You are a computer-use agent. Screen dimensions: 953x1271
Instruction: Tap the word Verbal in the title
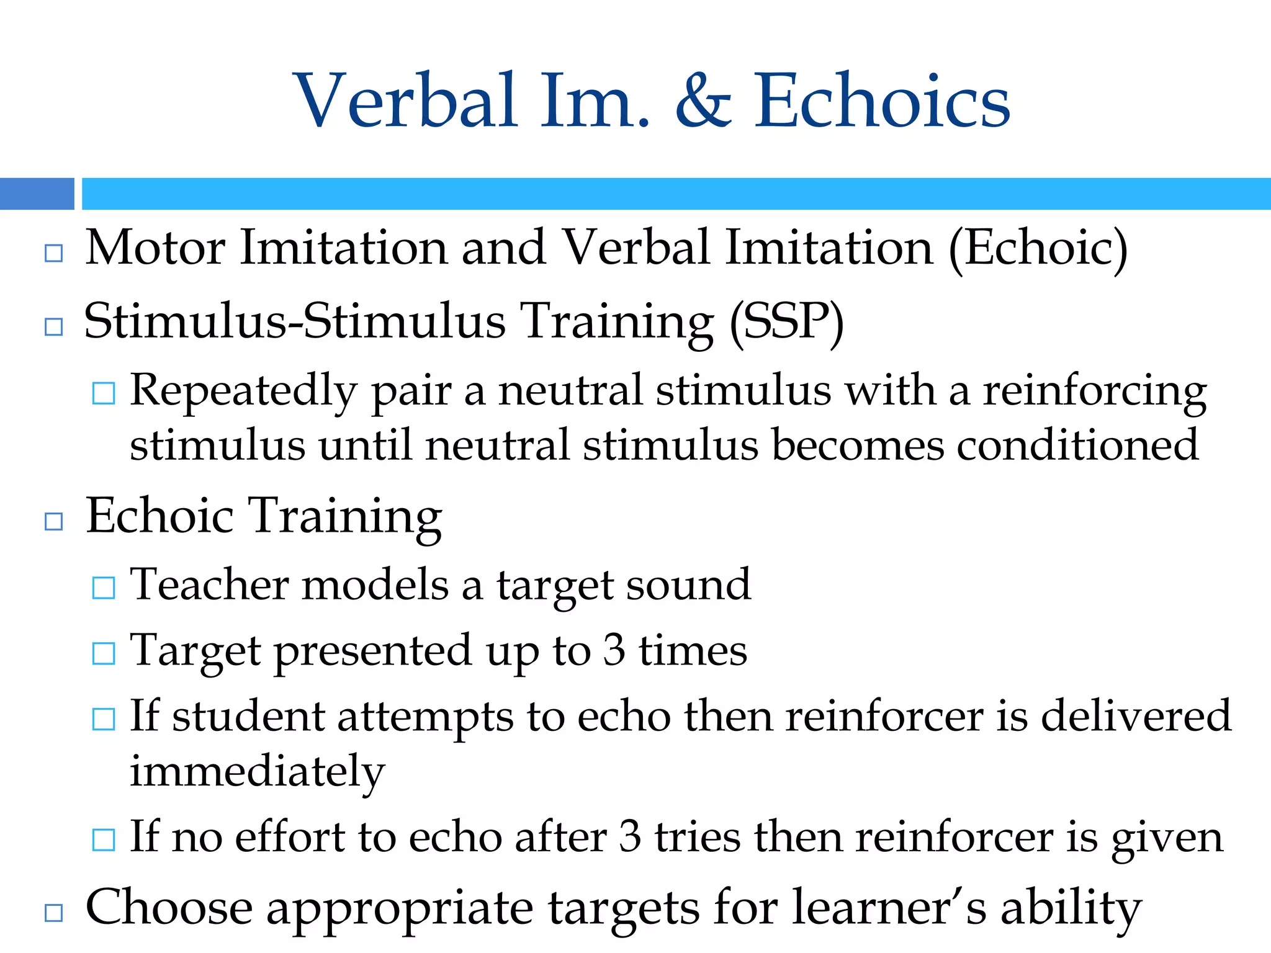406,101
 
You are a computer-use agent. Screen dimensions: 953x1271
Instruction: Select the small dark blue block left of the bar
37,194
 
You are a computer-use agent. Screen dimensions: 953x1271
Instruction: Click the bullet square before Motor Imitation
54,253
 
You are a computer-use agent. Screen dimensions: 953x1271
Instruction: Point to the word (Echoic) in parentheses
1038,248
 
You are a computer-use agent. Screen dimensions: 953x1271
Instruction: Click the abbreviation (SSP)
786,322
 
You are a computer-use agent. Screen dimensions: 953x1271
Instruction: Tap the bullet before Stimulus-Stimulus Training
54,327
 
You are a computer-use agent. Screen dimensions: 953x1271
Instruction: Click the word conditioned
1077,445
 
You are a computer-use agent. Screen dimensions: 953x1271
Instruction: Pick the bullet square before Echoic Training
54,521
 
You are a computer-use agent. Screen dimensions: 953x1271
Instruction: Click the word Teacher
209,584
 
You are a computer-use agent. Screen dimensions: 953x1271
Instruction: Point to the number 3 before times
614,650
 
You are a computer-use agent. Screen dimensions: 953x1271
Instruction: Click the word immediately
257,771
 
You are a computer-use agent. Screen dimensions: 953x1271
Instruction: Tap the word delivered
1136,716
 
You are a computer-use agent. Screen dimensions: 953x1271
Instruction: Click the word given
1167,838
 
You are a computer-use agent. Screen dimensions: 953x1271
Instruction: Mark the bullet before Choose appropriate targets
54,913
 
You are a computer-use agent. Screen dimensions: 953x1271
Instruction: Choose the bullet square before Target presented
103,653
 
